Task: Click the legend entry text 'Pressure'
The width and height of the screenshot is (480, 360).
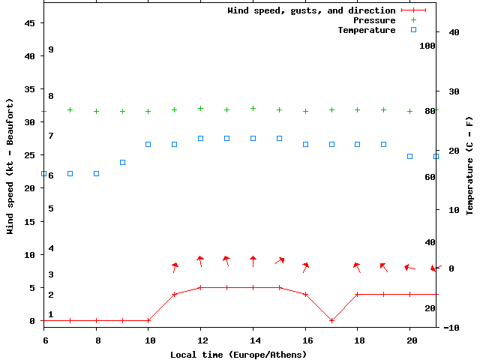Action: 374,20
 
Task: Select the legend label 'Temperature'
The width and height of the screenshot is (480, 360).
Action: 366,30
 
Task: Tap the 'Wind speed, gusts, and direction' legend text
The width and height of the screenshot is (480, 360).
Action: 311,10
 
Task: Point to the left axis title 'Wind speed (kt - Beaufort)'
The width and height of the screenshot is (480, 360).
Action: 10,166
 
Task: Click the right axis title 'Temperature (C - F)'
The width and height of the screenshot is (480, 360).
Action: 469,166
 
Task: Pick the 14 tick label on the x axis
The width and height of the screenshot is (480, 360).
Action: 253,340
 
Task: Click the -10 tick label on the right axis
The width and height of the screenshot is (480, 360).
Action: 451,327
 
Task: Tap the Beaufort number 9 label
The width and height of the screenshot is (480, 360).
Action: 50,49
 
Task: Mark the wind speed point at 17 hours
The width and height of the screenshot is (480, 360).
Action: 331,320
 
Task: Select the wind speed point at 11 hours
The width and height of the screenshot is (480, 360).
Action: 175,294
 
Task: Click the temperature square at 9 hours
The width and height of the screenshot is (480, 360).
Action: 123,162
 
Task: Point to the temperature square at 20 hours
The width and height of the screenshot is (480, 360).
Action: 410,156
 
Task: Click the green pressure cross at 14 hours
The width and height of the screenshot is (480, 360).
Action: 253,108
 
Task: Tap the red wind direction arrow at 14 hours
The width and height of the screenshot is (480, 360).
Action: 253,261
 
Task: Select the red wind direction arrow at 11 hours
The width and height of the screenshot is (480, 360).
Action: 175,267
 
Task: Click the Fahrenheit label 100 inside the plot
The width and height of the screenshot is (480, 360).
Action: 427,46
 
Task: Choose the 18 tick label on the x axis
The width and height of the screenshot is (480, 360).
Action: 358,340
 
